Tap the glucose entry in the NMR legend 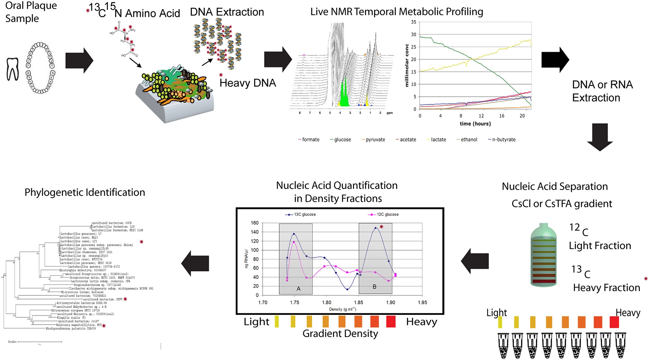[x=342, y=140]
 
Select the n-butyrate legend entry [x=503, y=140]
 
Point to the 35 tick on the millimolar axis [x=413, y=22]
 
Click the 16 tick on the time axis [x=502, y=116]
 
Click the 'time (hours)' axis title [x=475, y=124]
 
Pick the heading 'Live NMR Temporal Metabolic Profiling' [x=397, y=12]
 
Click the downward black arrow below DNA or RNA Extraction [x=600, y=137]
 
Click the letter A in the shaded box [x=298, y=289]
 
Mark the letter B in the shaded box [x=374, y=287]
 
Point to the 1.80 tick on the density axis [x=326, y=302]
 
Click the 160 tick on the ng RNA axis [x=254, y=223]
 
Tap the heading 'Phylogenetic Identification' [x=85, y=192]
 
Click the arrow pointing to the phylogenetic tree [x=195, y=265]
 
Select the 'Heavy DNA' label [x=248, y=83]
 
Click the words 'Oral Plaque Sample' [x=31, y=12]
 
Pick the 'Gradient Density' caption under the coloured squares [x=340, y=333]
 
